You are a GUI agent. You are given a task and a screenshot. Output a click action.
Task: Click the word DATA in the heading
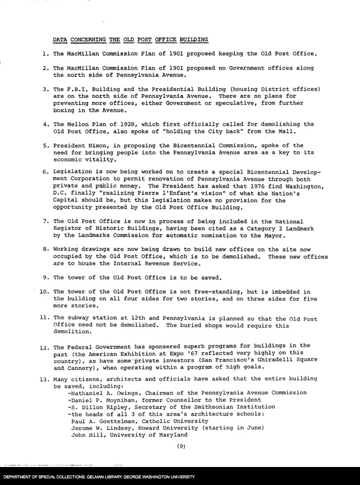pos(59,40)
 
